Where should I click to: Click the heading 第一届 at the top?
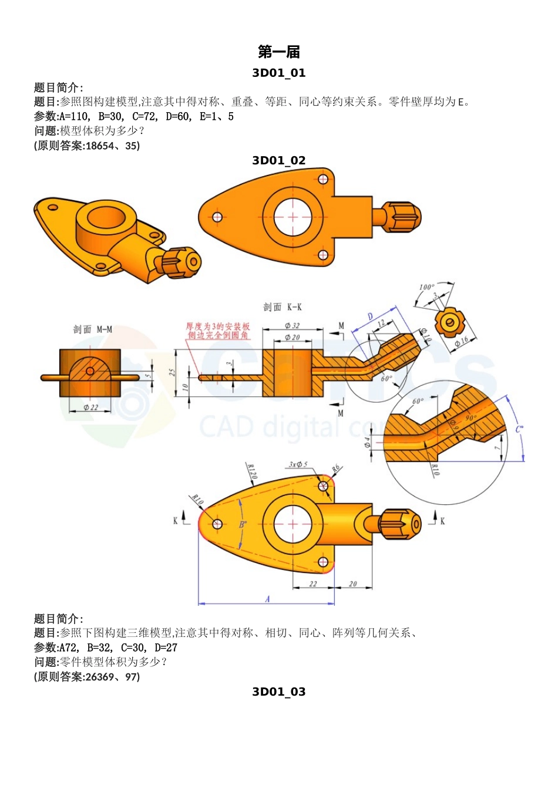click(278, 52)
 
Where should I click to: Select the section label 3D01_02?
click(278, 160)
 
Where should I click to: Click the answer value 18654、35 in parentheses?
click(112, 146)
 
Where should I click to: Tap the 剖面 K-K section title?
click(282, 307)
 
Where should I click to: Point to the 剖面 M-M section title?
click(92, 329)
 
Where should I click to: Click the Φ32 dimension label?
click(292, 325)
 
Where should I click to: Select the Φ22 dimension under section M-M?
click(90, 407)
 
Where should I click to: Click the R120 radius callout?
click(251, 471)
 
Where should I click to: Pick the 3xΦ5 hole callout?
click(298, 464)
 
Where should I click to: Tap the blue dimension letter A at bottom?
click(267, 599)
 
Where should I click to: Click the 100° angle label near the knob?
click(426, 288)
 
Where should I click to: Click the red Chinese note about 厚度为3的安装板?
click(218, 331)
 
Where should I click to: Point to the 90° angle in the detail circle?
click(471, 418)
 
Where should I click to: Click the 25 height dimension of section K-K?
click(172, 373)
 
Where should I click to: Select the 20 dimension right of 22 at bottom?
click(352, 584)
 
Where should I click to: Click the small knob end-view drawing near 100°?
click(449, 322)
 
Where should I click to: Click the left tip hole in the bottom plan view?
click(217, 524)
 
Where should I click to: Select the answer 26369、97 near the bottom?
click(112, 676)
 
